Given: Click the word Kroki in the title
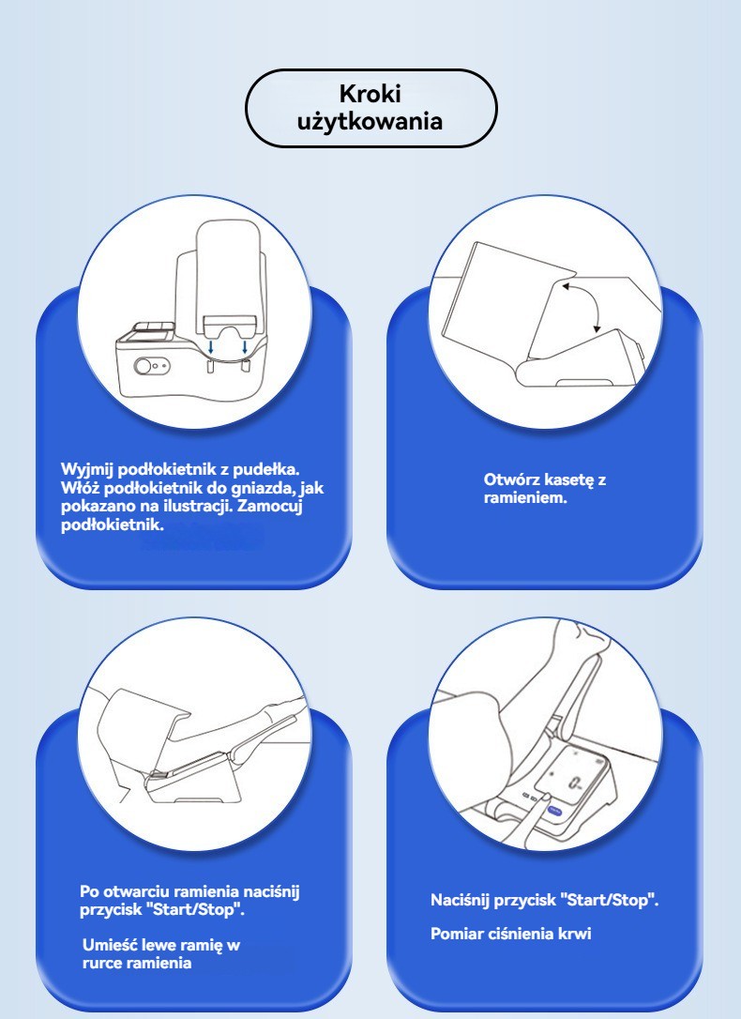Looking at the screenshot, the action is point(370,94).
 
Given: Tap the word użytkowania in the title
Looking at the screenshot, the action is point(370,122).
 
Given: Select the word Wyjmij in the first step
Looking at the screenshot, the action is point(84,470).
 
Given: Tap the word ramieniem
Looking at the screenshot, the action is point(525,498).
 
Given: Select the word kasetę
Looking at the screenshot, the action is point(569,480).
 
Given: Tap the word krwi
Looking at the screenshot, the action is point(574,934).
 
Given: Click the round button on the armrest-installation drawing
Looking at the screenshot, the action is point(143,367).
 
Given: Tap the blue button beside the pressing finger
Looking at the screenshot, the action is point(554,811).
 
